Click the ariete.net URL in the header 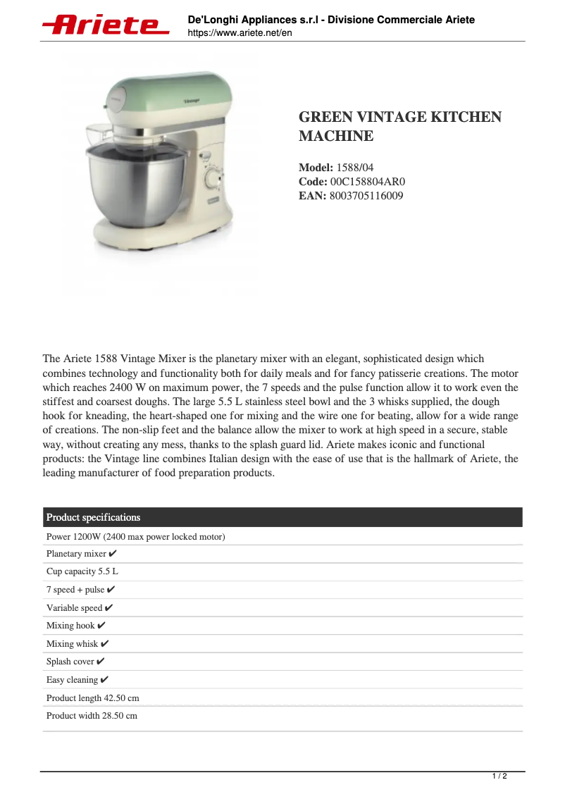tap(240, 33)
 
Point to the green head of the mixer tap(166, 99)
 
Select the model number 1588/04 tap(356, 168)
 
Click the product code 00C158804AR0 tap(368, 182)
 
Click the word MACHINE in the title tap(336, 136)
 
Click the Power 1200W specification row tap(135, 537)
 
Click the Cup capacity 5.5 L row tap(82, 571)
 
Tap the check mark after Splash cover tap(101, 662)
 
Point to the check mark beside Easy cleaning tap(105, 680)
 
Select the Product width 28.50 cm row tap(92, 716)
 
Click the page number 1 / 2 tap(499, 776)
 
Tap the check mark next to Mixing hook tap(101, 626)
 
